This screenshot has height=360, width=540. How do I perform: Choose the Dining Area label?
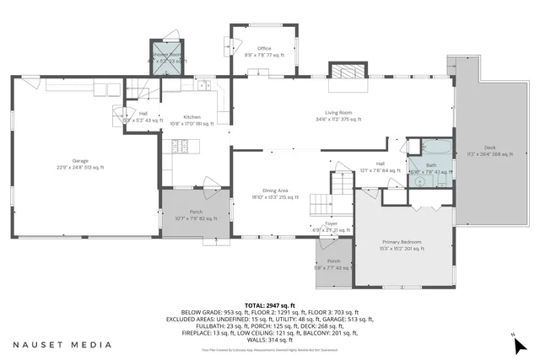[275, 194]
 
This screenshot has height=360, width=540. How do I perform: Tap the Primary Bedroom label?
[401, 244]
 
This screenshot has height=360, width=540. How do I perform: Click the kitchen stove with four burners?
[180, 147]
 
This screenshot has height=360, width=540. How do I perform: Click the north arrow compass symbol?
[521, 342]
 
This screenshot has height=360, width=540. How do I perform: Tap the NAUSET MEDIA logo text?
[62, 345]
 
